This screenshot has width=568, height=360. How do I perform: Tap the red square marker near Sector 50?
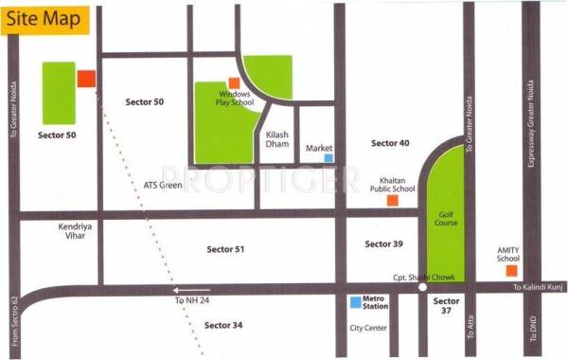[x=86, y=79]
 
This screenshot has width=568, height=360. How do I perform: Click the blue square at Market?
[x=328, y=158]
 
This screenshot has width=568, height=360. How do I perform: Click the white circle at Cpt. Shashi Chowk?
[x=422, y=287]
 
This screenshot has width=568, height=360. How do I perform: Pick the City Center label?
[x=368, y=329]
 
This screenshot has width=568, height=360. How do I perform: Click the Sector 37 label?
[x=446, y=306]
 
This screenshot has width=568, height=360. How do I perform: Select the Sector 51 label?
[x=226, y=248]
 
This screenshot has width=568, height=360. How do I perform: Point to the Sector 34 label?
[x=223, y=325]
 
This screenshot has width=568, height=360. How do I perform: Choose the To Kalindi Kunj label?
[x=537, y=286]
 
